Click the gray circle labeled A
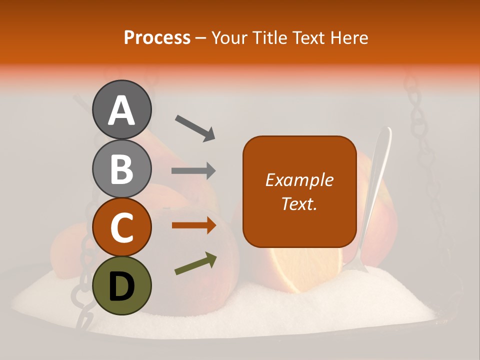(121, 109)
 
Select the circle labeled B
(121, 168)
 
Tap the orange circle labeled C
(121, 227)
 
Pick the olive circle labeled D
(121, 286)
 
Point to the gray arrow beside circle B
(193, 171)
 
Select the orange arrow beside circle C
(193, 225)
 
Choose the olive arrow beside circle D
(195, 263)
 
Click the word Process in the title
(157, 38)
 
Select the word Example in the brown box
(299, 180)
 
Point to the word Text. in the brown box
(299, 203)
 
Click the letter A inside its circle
(121, 110)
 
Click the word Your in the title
(229, 38)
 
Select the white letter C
(121, 228)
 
